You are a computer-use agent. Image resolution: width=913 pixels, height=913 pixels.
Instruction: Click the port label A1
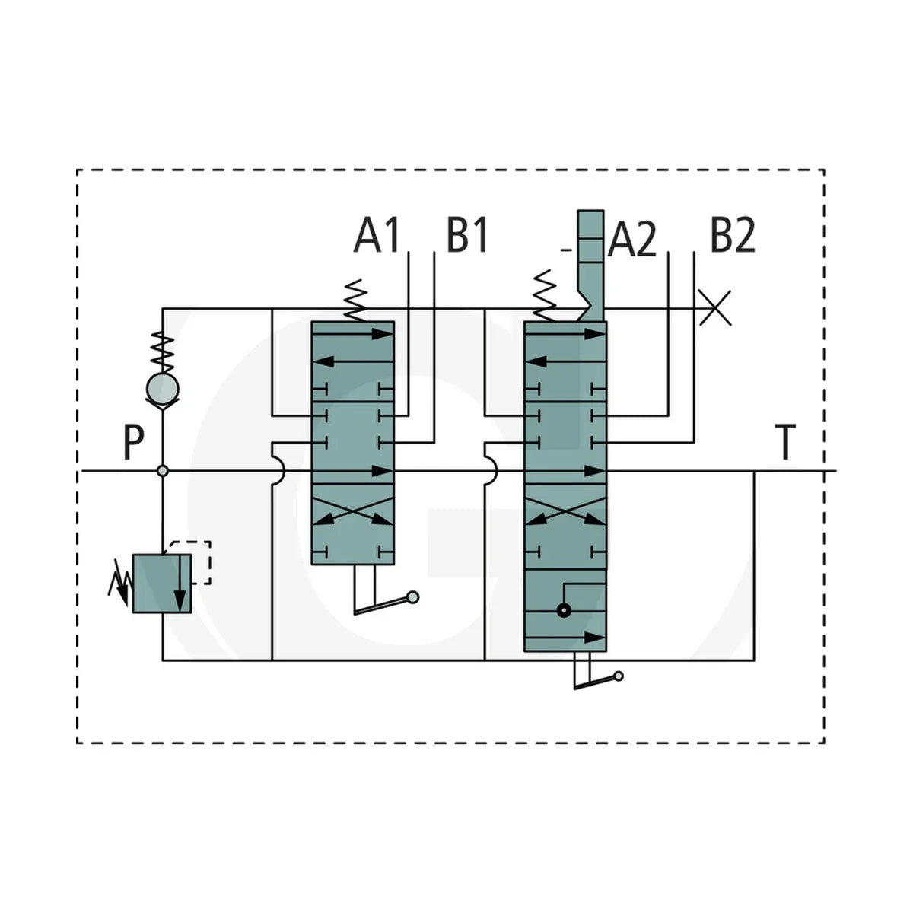tap(377, 235)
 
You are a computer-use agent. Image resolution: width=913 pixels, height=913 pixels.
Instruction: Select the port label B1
tap(467, 235)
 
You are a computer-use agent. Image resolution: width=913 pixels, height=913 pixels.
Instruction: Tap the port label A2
tap(632, 240)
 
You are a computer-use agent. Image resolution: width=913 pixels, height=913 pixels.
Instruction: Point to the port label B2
tap(733, 235)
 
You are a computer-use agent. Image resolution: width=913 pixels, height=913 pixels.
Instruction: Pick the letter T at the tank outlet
tap(785, 441)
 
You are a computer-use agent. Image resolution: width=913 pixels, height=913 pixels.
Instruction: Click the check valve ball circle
tap(163, 389)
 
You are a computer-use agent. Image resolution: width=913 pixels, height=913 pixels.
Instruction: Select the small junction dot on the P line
tap(163, 471)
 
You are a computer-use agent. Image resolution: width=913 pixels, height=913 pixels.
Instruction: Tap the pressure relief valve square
tap(162, 584)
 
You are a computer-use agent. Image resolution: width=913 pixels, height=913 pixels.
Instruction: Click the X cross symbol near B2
tap(715, 308)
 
